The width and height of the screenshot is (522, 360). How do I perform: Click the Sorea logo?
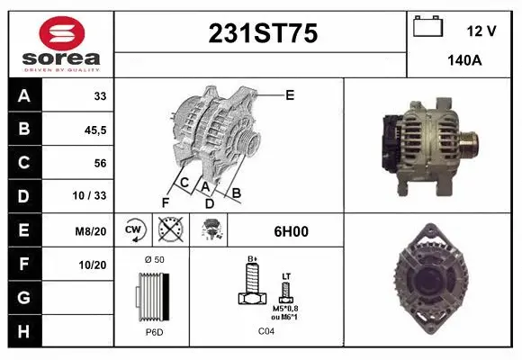point(60,44)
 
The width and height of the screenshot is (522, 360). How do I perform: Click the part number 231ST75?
point(263,33)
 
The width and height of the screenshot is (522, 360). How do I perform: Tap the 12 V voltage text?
point(481,31)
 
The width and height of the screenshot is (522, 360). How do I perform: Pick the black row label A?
point(22,95)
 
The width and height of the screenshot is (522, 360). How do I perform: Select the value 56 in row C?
point(99,163)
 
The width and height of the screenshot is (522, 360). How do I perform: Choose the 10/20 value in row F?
point(94,265)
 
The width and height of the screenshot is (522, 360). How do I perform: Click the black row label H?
point(22,331)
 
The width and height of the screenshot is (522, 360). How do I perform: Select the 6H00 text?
point(291,230)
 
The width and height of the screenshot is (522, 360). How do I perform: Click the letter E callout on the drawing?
point(290,94)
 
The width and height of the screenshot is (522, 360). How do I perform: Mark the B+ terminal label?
point(253,258)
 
